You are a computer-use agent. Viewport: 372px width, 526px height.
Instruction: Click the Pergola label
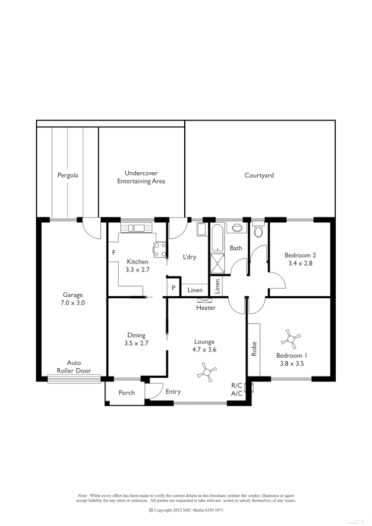click(68, 175)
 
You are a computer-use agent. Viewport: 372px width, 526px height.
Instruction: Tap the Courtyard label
click(259, 175)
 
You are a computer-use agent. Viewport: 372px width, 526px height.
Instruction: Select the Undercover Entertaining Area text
click(141, 177)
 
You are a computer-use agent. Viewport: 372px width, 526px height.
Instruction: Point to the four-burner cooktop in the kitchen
click(159, 249)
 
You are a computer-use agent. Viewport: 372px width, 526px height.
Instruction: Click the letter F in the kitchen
click(114, 253)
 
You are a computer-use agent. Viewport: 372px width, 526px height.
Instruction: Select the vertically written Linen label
click(217, 286)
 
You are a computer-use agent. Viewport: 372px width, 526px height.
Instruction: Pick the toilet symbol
click(258, 231)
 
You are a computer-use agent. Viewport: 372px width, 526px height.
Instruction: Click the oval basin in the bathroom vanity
click(237, 228)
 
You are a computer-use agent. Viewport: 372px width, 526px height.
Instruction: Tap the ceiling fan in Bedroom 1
click(291, 339)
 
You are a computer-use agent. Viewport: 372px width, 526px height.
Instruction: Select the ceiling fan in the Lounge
click(207, 371)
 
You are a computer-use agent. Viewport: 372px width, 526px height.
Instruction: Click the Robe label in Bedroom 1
click(254, 349)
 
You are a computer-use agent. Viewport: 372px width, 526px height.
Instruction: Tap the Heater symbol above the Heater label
click(204, 300)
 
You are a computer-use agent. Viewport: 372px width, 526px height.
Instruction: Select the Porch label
click(127, 393)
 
